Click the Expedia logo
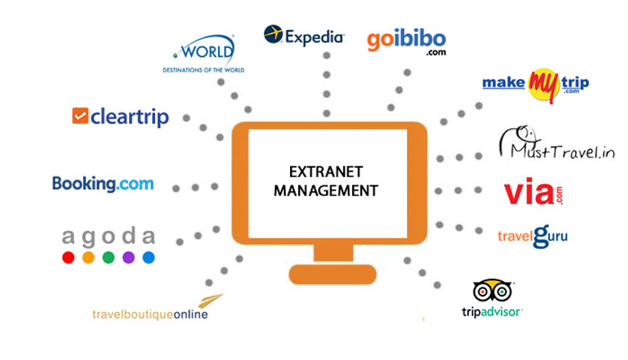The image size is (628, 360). point(304,36)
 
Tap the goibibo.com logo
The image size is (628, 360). point(406,42)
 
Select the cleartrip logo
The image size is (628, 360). point(121,117)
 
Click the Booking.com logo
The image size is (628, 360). point(103,184)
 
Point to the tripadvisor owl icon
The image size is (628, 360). point(492,291)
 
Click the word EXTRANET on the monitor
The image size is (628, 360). point(326,172)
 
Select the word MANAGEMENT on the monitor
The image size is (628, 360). point(326,190)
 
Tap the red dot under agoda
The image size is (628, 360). point(68,257)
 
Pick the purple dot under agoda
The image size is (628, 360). point(129,257)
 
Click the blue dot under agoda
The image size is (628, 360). point(148,257)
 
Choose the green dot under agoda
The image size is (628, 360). point(109,257)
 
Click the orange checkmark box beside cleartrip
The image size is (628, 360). point(80,115)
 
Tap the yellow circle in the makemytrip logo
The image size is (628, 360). point(544,85)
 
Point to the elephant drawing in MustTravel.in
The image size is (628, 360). point(519,140)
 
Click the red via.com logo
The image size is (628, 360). point(533,192)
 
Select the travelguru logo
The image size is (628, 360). point(532,236)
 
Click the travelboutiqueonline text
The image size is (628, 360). point(150,314)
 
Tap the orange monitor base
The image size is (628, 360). point(333,274)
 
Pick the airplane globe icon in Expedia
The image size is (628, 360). point(273,34)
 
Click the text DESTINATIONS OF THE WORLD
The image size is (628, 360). point(203,70)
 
